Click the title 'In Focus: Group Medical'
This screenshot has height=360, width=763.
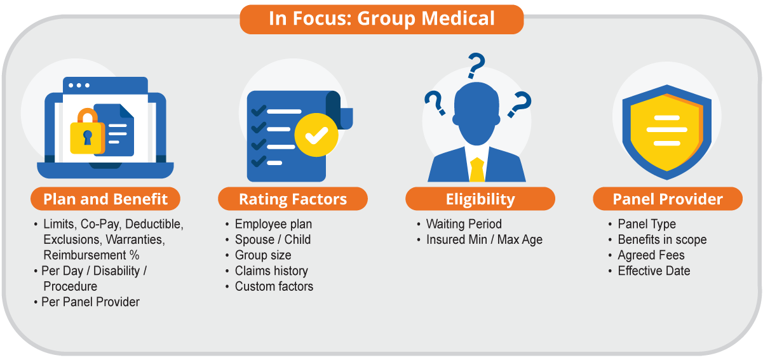381,19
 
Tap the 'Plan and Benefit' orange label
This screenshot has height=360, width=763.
105,199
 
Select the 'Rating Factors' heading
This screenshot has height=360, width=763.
293,199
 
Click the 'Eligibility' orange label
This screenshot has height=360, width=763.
480,199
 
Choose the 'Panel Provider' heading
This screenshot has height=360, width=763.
668,199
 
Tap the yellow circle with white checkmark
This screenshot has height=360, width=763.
316,135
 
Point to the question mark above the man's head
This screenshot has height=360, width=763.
476,65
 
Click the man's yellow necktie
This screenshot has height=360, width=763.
477,170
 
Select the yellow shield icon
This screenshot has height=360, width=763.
666,132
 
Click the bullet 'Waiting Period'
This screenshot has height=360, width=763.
464,224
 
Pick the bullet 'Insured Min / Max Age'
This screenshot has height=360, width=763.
484,240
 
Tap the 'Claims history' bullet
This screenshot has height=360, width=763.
271,271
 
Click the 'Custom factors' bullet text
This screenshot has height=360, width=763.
274,286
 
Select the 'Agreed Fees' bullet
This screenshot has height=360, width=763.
651,255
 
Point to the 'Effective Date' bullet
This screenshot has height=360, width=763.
654,271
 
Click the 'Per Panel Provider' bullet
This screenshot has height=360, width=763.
90,302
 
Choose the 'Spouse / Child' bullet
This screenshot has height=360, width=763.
273,239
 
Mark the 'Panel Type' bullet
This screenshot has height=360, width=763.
647,225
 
